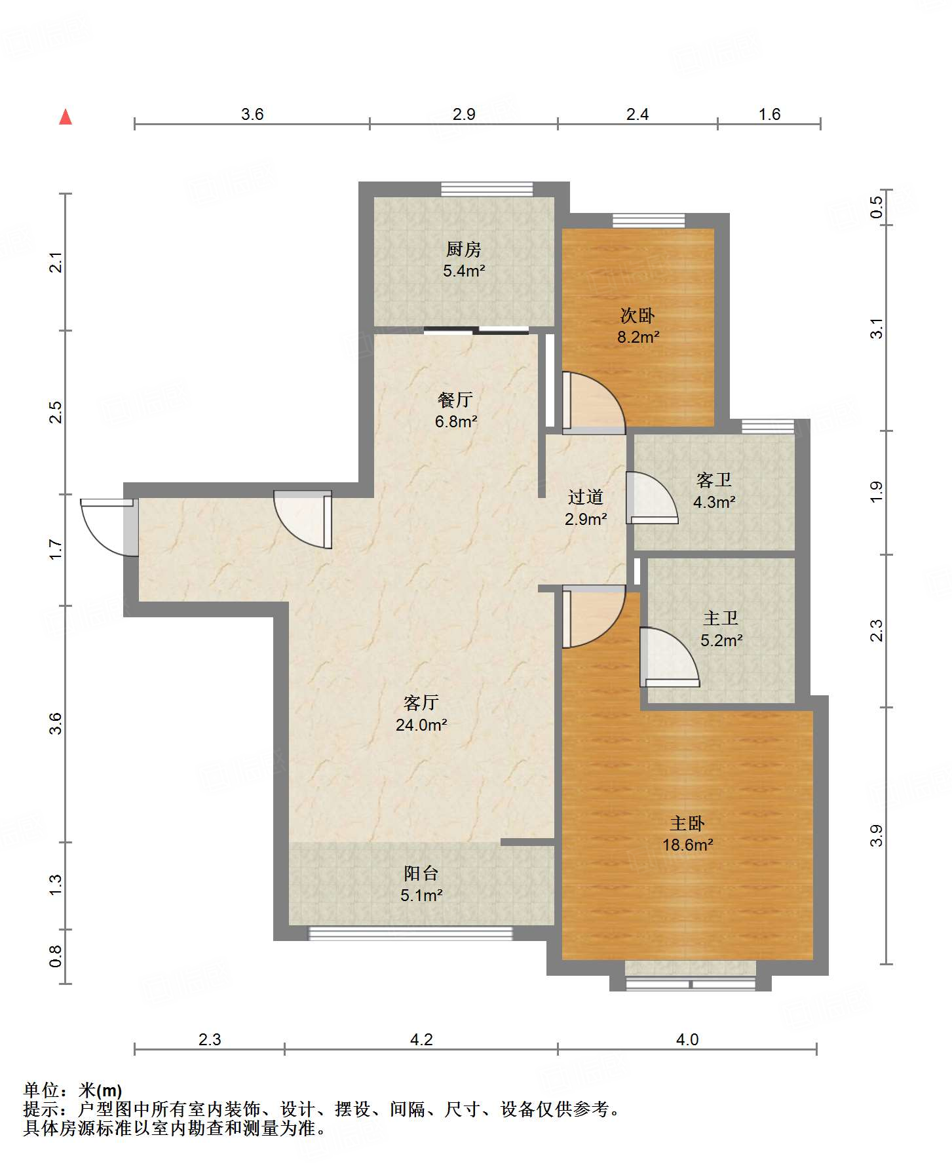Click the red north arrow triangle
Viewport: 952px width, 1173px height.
[66, 117]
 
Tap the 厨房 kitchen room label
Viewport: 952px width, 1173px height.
[464, 249]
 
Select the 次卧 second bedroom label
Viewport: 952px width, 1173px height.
[638, 316]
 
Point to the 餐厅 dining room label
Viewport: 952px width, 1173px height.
[455, 400]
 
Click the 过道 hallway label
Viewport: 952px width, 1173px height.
[586, 497]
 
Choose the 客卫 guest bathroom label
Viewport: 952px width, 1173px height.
[714, 480]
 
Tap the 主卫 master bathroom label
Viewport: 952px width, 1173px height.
[721, 619]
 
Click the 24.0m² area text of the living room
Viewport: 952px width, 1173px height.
[421, 725]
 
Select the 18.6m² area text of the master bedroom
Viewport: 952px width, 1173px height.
[687, 845]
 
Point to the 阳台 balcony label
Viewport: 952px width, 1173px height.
[421, 874]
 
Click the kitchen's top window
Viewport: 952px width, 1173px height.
[487, 189]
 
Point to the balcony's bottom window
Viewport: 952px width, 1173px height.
[411, 934]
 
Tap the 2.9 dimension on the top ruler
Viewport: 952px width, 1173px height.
[464, 115]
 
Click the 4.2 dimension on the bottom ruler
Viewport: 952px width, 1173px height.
[421, 1040]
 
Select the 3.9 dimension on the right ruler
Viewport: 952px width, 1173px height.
[877, 836]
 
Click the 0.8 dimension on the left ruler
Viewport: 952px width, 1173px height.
[56, 956]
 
